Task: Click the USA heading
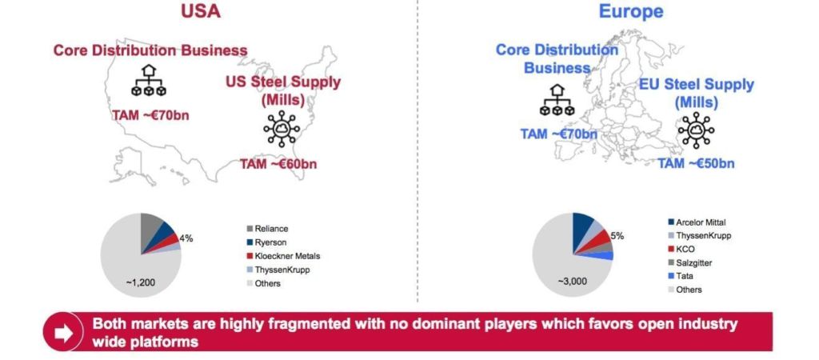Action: click(x=201, y=11)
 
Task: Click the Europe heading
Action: click(x=631, y=11)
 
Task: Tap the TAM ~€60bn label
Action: click(x=278, y=164)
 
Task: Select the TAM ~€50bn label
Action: click(x=696, y=163)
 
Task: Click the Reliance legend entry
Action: click(x=267, y=229)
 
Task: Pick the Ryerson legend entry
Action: click(x=266, y=242)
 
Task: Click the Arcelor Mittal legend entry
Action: click(x=697, y=222)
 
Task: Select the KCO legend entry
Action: click(x=681, y=250)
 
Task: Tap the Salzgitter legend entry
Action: click(x=689, y=263)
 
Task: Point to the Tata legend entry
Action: click(x=680, y=276)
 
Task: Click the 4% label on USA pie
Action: click(x=186, y=238)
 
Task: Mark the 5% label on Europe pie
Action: click(x=617, y=236)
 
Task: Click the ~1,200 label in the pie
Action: click(x=141, y=282)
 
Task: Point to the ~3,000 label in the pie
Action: click(x=572, y=281)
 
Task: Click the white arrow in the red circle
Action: click(x=63, y=333)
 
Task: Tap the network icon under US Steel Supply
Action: click(x=282, y=129)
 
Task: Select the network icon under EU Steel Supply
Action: click(x=697, y=130)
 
